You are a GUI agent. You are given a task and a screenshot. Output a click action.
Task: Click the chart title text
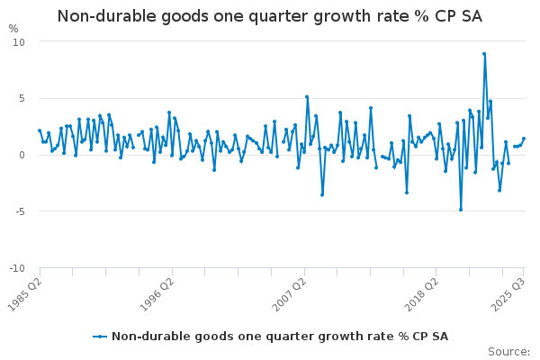(x=270, y=16)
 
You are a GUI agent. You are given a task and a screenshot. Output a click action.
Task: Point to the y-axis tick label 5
(x=22, y=99)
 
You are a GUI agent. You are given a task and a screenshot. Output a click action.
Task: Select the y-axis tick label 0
(x=22, y=155)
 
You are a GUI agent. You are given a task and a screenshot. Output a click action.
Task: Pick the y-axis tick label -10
(x=17, y=268)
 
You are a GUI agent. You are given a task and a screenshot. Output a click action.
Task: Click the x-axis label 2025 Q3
(x=508, y=293)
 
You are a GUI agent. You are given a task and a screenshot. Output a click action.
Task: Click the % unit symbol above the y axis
(x=13, y=29)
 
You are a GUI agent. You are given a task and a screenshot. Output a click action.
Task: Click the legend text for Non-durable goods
(x=279, y=337)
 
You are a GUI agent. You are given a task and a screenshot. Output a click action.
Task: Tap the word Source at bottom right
(x=508, y=352)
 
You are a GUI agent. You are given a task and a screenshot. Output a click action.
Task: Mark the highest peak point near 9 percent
(x=484, y=54)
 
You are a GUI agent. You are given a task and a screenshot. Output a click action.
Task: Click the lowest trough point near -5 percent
(x=460, y=210)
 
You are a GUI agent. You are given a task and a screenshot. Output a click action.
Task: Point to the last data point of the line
(x=524, y=139)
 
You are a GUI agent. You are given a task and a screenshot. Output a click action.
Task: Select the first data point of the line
(x=40, y=130)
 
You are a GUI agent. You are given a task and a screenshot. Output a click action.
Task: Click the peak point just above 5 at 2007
(x=307, y=97)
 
